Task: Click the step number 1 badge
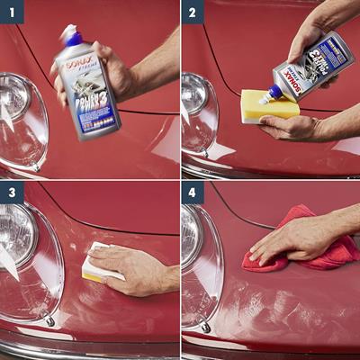coord(12,12)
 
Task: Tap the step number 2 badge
coord(193,12)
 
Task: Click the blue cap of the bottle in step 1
coord(71,36)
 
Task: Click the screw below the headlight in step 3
coord(49,321)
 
